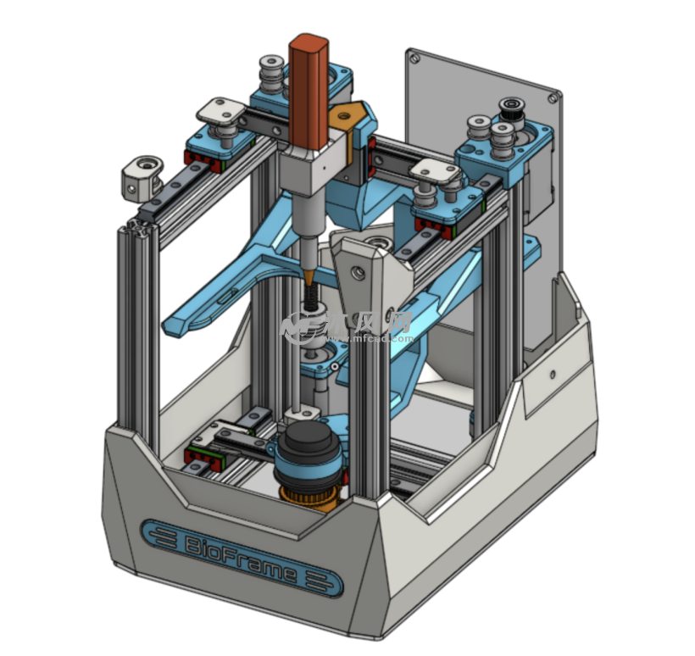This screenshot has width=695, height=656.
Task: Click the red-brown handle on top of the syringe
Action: click(x=308, y=89)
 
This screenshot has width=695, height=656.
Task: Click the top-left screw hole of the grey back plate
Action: click(x=414, y=58)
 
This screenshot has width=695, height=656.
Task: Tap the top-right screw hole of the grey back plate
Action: click(x=553, y=98)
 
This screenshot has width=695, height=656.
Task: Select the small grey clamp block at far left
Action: click(x=140, y=176)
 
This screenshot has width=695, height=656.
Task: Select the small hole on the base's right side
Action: click(x=552, y=373)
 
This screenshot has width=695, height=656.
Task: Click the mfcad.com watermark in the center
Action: click(x=347, y=326)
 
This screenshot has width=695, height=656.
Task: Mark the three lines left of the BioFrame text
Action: click(x=163, y=536)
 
